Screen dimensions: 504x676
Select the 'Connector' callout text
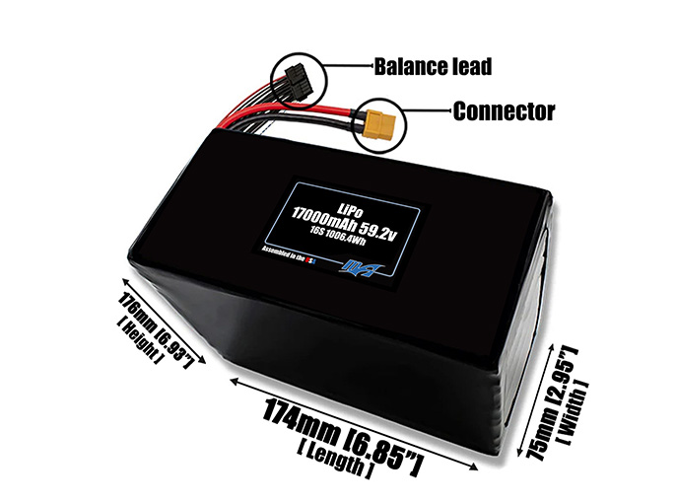tap(503, 110)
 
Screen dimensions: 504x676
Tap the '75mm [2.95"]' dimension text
tap(553, 403)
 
